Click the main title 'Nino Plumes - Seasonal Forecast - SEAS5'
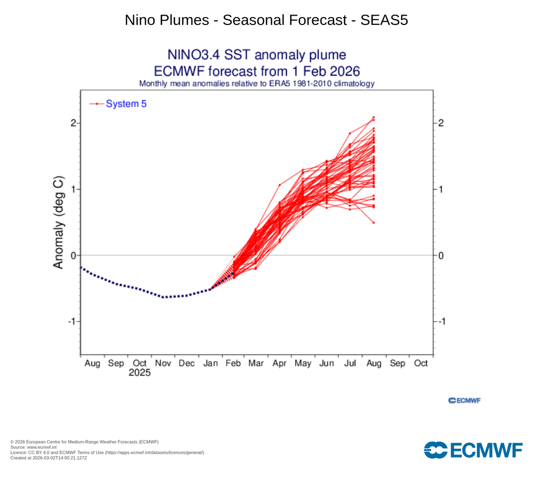click(266, 20)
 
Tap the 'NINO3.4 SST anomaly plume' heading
click(256, 55)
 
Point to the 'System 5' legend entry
click(126, 104)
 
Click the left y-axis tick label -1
click(72, 321)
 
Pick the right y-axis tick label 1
click(440, 189)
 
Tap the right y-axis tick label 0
click(440, 255)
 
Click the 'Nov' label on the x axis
click(162, 363)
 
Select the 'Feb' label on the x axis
click(233, 363)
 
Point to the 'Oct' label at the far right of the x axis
click(421, 363)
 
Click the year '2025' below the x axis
click(139, 373)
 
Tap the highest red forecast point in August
click(374, 117)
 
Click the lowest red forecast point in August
click(374, 223)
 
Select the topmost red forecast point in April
click(280, 185)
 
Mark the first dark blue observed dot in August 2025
click(81, 267)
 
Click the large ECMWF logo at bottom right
click(473, 450)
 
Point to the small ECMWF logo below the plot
click(464, 400)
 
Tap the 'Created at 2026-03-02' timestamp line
click(48, 458)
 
